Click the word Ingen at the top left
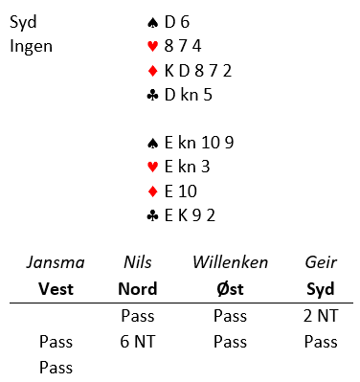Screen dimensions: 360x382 31,47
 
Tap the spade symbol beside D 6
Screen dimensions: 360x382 153,23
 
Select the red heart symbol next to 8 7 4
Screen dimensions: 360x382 153,47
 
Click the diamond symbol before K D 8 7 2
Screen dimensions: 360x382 153,71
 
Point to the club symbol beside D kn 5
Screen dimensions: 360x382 153,95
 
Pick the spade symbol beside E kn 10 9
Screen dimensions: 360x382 153,144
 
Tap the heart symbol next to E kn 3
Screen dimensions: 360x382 153,168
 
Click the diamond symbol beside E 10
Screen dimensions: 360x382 153,191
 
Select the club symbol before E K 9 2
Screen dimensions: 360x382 153,216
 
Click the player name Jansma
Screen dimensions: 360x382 56,262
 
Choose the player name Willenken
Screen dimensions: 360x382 231,262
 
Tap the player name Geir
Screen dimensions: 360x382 321,262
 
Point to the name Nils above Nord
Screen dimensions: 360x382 138,262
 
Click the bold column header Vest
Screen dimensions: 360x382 56,289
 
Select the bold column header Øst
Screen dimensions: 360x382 230,289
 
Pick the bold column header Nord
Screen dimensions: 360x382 138,289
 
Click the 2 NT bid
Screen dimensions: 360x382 321,316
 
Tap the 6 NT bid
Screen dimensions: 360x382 138,342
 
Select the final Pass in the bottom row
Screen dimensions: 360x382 56,368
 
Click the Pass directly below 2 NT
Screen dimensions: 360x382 321,342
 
